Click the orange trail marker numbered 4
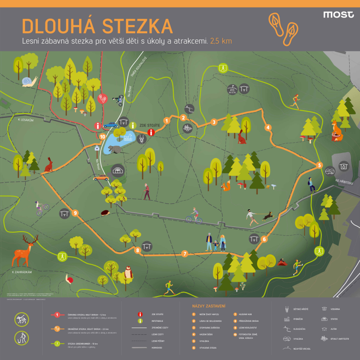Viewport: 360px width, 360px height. click(268, 127)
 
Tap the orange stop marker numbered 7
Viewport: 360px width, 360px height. click(184, 254)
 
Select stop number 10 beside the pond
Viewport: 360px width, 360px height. click(103, 136)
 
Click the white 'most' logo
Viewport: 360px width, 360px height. click(338, 14)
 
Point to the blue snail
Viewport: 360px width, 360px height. click(29, 81)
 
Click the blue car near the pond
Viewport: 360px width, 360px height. click(110, 125)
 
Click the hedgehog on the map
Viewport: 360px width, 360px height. click(106, 212)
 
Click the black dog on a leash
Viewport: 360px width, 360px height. click(268, 217)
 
